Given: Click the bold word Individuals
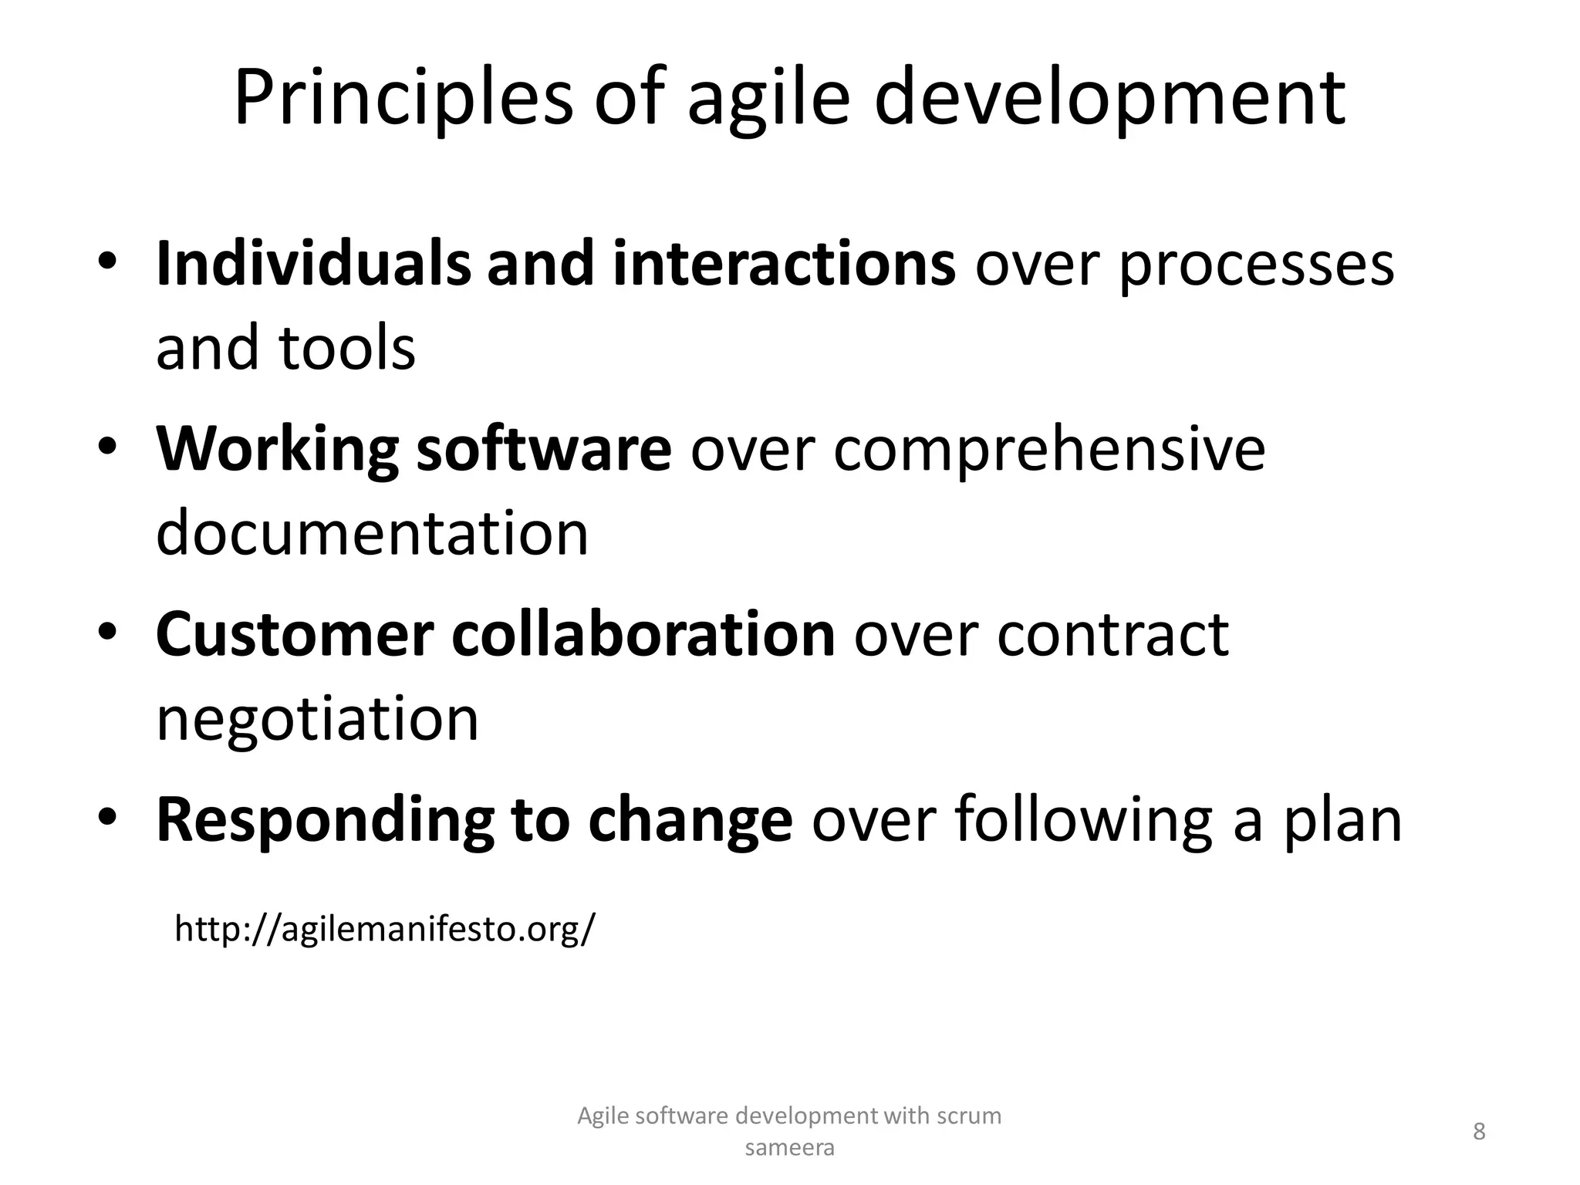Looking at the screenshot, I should (312, 264).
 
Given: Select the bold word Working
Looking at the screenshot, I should (277, 450).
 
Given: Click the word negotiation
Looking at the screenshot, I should (317, 719).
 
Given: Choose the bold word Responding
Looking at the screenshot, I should (324, 821).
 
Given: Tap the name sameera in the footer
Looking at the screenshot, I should (789, 1148).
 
